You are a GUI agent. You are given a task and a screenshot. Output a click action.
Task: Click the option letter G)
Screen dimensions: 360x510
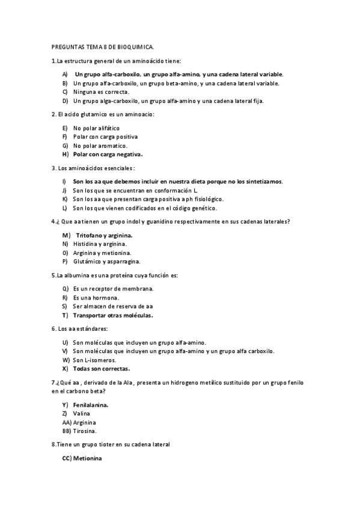pos(64,146)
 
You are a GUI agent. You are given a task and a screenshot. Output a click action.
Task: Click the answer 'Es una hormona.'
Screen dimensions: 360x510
pos(96,297)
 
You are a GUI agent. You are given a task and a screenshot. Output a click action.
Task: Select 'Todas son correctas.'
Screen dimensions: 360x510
pos(102,368)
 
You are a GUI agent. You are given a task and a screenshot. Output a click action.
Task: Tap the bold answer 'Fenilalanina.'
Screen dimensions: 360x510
pos(91,405)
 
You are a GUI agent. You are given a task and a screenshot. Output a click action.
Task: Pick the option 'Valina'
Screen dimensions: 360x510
pos(82,414)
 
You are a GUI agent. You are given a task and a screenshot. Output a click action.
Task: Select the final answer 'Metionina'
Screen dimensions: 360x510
pos(88,458)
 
